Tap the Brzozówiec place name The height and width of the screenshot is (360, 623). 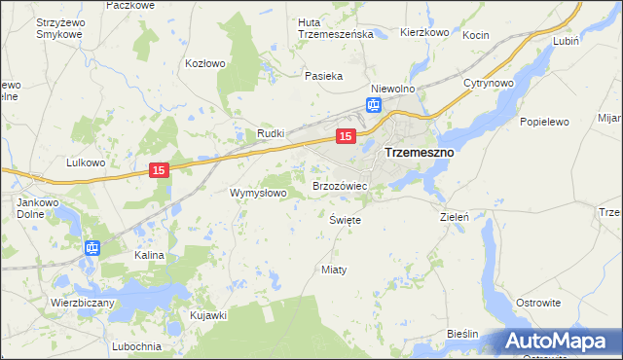click(x=339, y=185)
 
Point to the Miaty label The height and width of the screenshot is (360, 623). click(x=334, y=269)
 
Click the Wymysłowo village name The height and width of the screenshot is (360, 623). click(x=257, y=193)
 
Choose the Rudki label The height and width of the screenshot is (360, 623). click(x=270, y=133)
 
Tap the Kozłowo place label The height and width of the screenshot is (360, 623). click(x=205, y=63)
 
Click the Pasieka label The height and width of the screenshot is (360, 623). click(x=323, y=75)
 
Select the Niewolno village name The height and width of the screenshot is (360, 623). click(x=393, y=87)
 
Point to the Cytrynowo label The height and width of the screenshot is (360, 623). click(x=488, y=83)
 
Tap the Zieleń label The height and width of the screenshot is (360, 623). click(x=456, y=217)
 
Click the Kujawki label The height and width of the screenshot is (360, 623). click(x=208, y=315)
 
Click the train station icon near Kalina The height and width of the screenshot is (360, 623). click(x=92, y=248)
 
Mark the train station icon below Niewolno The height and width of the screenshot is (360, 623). click(x=375, y=105)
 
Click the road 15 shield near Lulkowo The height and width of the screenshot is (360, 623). click(x=161, y=170)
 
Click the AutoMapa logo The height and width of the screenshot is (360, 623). click(x=560, y=341)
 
